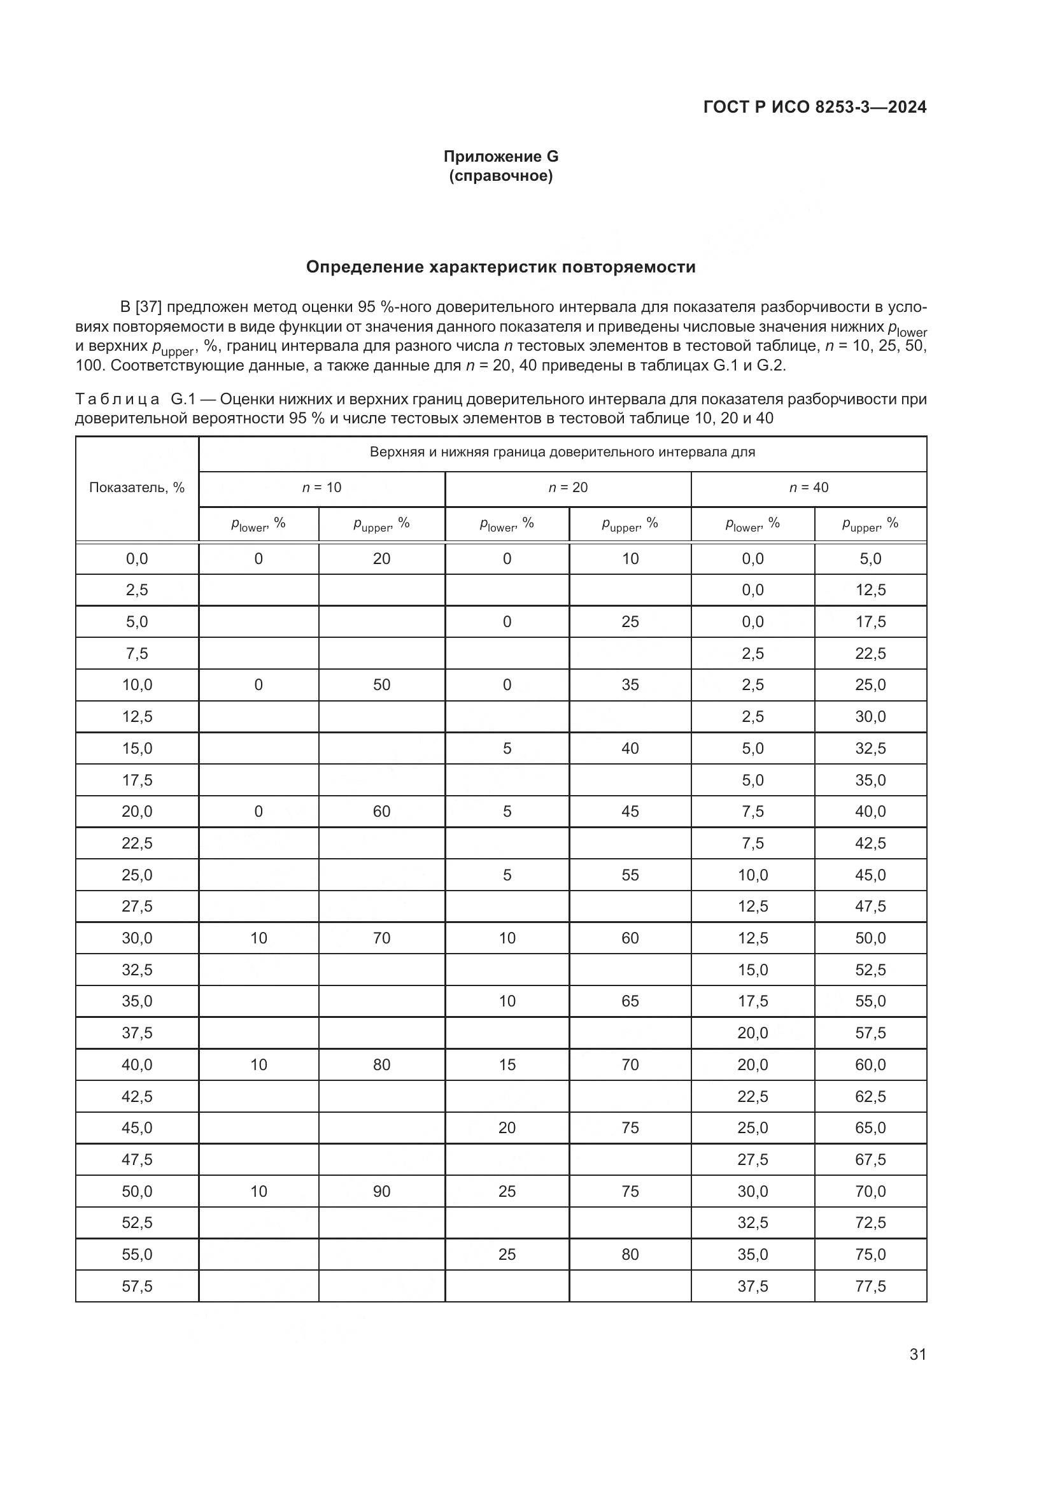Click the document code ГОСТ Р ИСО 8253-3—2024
click(814, 107)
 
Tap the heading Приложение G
click(500, 157)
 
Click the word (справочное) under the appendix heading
click(500, 176)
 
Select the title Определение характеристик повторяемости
click(500, 267)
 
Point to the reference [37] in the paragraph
click(148, 307)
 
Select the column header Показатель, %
click(137, 488)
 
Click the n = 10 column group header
click(322, 488)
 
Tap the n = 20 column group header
click(568, 488)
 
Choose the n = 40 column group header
click(809, 488)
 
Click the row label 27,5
click(137, 906)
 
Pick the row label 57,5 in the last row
click(137, 1286)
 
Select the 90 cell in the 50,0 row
click(381, 1191)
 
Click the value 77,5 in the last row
click(870, 1286)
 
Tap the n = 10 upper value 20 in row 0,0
click(381, 558)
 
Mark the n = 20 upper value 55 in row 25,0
click(630, 875)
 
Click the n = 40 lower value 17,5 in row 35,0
click(752, 1001)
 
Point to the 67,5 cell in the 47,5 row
click(870, 1159)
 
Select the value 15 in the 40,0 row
click(506, 1064)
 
